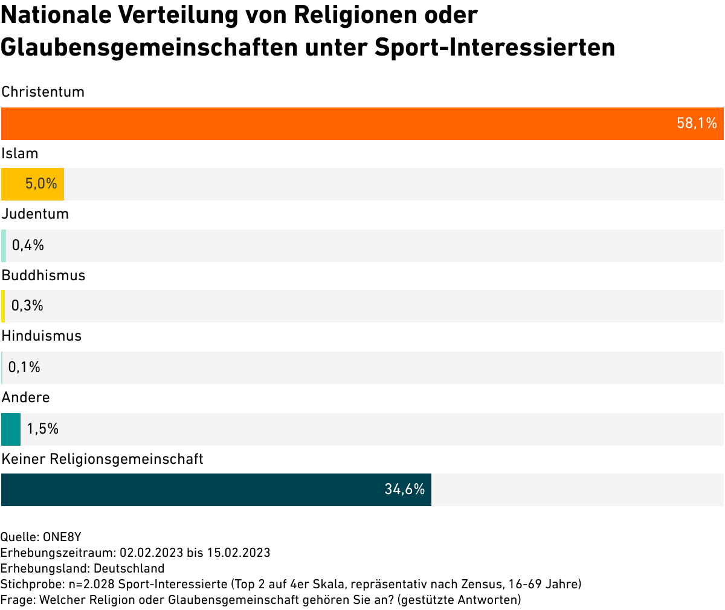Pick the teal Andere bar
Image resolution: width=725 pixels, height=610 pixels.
coord(11,429)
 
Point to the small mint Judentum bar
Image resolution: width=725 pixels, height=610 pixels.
coord(4,246)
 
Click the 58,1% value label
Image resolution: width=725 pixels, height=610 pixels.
coord(697,124)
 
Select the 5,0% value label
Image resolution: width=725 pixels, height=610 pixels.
coord(41,184)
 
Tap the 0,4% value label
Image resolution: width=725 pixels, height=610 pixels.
coord(28,246)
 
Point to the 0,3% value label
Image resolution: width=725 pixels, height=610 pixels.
coord(27,306)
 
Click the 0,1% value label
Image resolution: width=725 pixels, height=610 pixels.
coord(24,368)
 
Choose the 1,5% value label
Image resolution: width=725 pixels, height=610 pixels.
coord(42,429)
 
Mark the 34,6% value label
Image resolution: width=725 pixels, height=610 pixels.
coord(404,490)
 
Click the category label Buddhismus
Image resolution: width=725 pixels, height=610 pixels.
coord(43,276)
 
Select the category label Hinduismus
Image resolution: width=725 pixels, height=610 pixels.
coord(42,336)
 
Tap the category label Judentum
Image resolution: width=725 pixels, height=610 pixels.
coord(35,214)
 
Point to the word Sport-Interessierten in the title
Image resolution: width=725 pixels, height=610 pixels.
coord(495,47)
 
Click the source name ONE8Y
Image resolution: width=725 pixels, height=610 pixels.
coord(62,537)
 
